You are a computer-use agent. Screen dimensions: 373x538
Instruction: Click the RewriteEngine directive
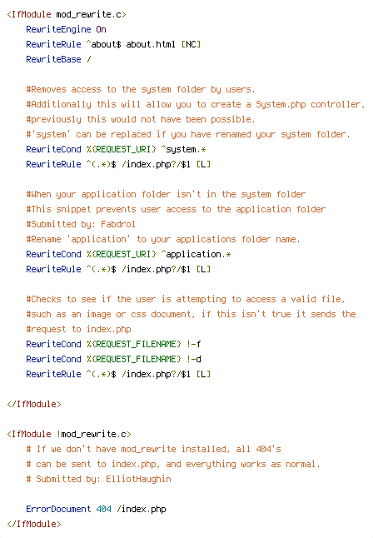[x=58, y=29]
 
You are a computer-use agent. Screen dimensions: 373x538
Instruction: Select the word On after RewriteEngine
[x=101, y=29]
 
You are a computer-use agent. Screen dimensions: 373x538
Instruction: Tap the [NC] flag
[x=191, y=45]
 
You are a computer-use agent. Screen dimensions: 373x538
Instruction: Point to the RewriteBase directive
[x=53, y=59]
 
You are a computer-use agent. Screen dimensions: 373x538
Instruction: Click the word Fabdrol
[x=118, y=224]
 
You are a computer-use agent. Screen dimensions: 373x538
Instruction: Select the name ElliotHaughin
[x=138, y=479]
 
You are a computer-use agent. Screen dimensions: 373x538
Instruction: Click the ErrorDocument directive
[x=58, y=509]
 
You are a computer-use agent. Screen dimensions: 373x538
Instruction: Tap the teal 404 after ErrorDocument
[x=103, y=509]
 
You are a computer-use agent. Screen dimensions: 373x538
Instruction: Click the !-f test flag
[x=194, y=344]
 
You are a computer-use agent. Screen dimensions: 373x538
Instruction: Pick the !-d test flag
[x=194, y=359]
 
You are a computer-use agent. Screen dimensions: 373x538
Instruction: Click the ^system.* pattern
[x=183, y=150]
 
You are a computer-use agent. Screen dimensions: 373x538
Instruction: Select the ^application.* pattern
[x=196, y=254]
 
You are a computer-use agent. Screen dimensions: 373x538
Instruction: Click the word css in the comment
[x=138, y=314]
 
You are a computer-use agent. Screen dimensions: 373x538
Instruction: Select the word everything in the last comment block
[x=211, y=464]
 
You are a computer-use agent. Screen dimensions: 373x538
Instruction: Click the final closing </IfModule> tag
[x=34, y=524]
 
